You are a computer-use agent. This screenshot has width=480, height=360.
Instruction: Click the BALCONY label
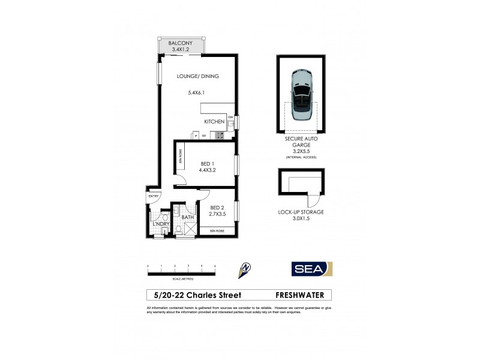tap(180, 44)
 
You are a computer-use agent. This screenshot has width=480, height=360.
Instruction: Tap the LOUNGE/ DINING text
tap(197, 76)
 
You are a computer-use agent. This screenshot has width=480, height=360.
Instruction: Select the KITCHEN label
tap(214, 122)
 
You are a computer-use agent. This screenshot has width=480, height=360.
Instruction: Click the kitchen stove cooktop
tap(220, 136)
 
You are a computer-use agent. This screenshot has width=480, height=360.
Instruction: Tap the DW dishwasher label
tap(230, 117)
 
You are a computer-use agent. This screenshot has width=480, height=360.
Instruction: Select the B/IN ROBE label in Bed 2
tap(217, 231)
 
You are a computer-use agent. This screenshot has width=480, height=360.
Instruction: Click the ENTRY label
tap(153, 196)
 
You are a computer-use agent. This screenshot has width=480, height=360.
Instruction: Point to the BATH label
tap(187, 217)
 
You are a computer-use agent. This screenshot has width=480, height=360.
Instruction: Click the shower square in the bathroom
tap(190, 228)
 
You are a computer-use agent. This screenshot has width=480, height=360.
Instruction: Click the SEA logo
tap(311, 269)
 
